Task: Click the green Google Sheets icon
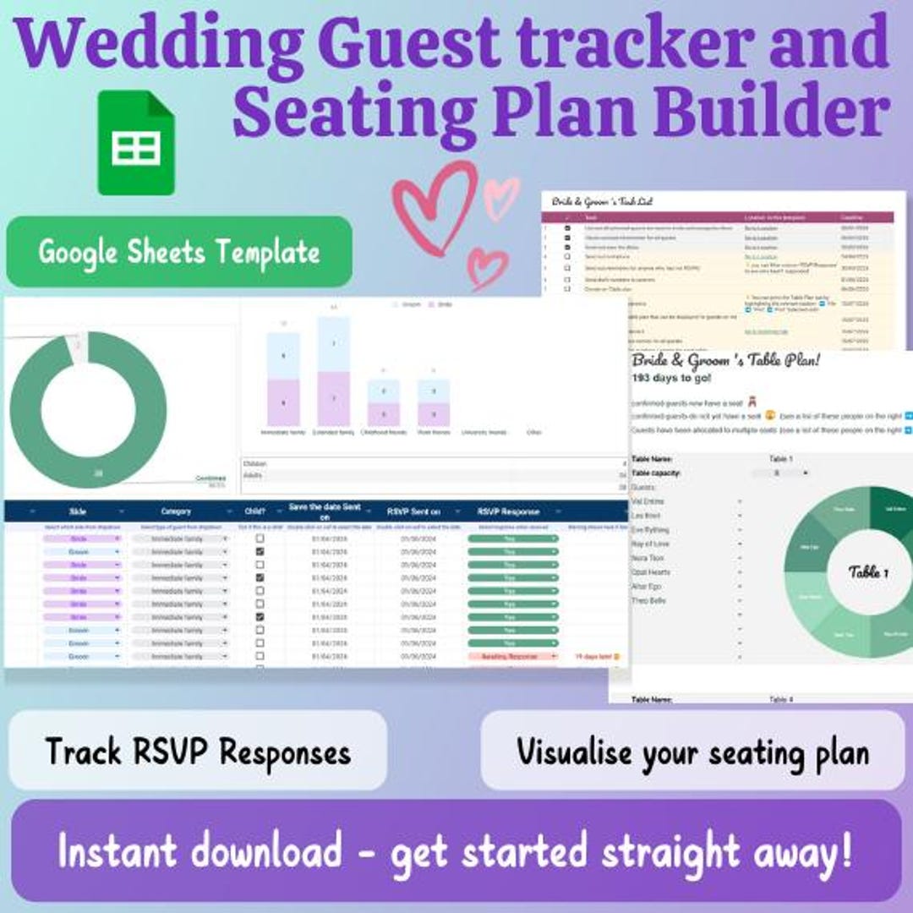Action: pyautogui.click(x=136, y=143)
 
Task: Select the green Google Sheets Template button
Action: pyautogui.click(x=178, y=252)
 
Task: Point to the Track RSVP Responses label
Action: pyautogui.click(x=198, y=751)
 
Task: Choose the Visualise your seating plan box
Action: pyautogui.click(x=692, y=751)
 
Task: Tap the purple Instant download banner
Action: pyautogui.click(x=456, y=851)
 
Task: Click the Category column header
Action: pyautogui.click(x=176, y=511)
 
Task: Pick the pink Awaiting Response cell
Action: pyautogui.click(x=512, y=656)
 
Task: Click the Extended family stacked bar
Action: pyautogui.click(x=334, y=372)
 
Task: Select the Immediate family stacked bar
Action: pyautogui.click(x=283, y=380)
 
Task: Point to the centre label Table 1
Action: pyautogui.click(x=868, y=572)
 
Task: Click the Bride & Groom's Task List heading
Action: pyautogui.click(x=602, y=202)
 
